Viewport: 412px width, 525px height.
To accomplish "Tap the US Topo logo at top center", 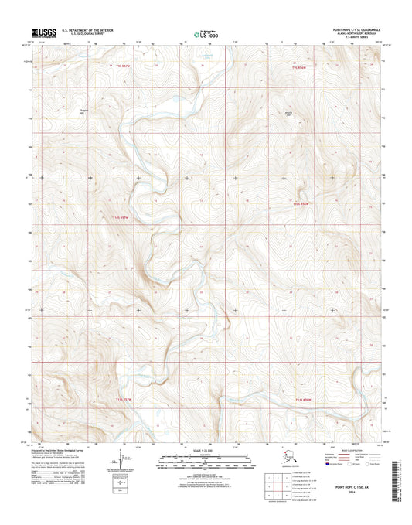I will [205, 34].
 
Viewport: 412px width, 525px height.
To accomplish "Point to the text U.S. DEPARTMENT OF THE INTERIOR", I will [80, 31].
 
